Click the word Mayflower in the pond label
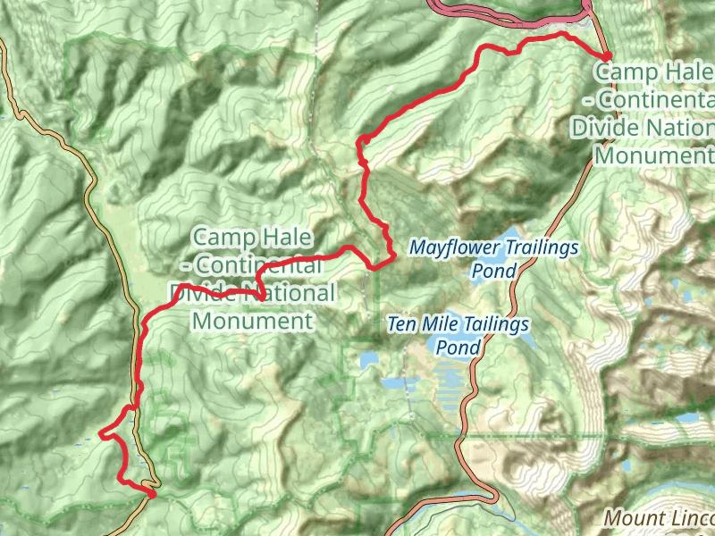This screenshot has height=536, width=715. click(x=454, y=247)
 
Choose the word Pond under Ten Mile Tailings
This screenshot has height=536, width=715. click(x=457, y=347)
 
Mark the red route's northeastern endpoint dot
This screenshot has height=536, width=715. click(x=607, y=56)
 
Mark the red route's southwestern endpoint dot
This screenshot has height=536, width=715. click(x=152, y=492)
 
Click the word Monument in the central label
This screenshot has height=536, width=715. click(x=253, y=321)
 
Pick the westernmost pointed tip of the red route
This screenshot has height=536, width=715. click(x=100, y=435)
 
